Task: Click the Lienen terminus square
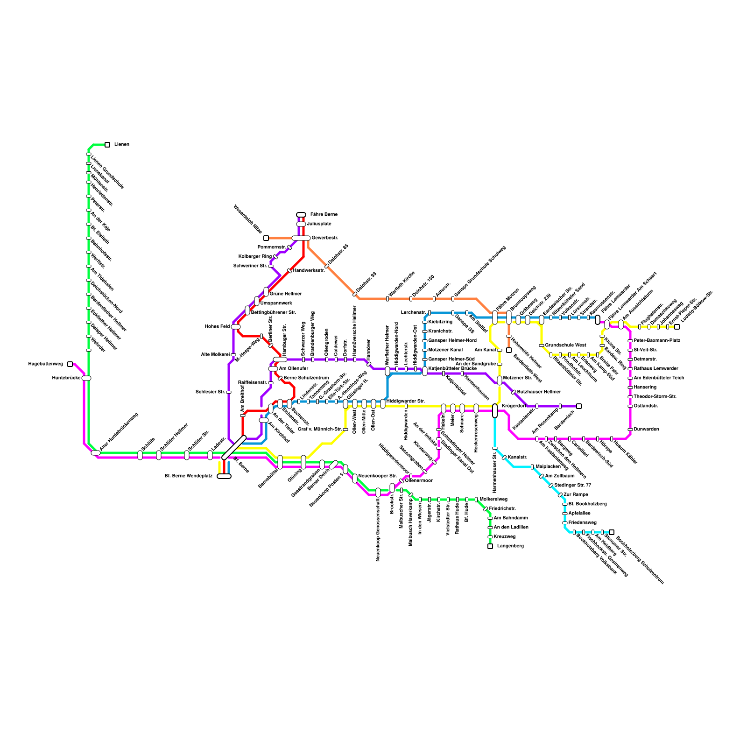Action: pos(107,145)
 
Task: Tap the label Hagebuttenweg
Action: pos(45,364)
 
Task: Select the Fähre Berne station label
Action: pos(324,215)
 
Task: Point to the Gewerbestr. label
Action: pos(325,238)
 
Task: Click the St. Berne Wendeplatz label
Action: pos(189,476)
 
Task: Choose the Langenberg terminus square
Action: pos(490,546)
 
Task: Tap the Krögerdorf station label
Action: pos(514,406)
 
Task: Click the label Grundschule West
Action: pos(565,345)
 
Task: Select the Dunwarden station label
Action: pos(646,430)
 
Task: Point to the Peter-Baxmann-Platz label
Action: pos(657,341)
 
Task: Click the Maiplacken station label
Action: pos(548,467)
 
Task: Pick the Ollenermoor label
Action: pos(419,480)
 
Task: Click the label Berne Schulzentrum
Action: pos(306,378)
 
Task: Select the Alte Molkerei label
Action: pos(215,355)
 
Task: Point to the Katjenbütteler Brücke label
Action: pos(452,369)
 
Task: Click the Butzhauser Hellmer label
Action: pos(539,392)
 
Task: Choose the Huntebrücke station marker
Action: pos(86,378)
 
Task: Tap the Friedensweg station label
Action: pos(582,523)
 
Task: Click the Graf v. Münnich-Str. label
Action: pos(319,429)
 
